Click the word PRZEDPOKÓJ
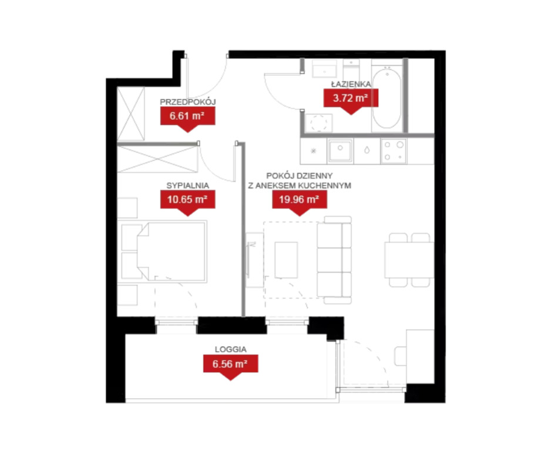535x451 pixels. [x=188, y=102]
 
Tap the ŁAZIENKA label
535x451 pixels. [x=351, y=84]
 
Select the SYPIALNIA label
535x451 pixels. [x=188, y=186]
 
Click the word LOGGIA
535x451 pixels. [x=231, y=349]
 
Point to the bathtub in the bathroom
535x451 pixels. [x=387, y=98]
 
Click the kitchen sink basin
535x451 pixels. [x=340, y=151]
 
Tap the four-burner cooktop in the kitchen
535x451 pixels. [x=393, y=151]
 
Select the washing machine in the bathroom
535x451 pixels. [x=319, y=123]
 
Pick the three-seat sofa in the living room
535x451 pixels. [x=334, y=260]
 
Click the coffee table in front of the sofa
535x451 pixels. [x=286, y=260]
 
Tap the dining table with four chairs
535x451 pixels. [x=409, y=260]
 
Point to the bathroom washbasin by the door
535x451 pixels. [x=325, y=69]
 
